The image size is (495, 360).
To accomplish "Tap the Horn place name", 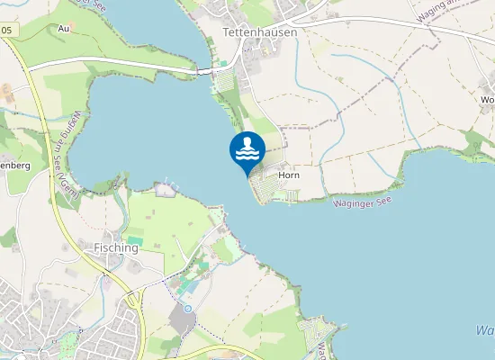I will point(289,175).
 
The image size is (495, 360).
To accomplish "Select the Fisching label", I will point(117,247).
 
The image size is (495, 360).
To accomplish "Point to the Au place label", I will point(63,29).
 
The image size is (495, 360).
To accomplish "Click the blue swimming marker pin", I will point(247,150).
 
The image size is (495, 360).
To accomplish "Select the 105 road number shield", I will point(7,31).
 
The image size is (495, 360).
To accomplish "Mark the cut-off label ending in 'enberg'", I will point(15,166).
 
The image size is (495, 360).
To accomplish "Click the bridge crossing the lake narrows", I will point(204,69).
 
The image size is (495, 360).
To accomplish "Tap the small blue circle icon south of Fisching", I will point(187,308).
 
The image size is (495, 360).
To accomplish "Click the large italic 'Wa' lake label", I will point(484,331).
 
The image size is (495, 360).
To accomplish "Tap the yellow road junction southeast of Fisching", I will point(133,297).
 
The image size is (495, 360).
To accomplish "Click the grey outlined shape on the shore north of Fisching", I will point(164,189).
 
